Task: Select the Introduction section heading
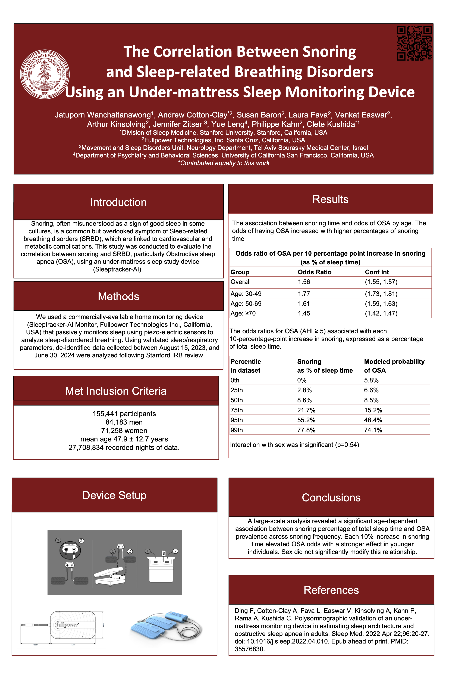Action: tap(118, 202)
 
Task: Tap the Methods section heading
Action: tap(118, 296)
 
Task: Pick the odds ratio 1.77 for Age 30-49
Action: tap(304, 294)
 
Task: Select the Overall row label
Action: tap(241, 282)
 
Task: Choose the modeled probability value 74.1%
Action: tap(373, 430)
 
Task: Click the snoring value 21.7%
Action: tap(306, 410)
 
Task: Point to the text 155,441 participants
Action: tap(124, 414)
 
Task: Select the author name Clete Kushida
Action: tap(331, 124)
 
